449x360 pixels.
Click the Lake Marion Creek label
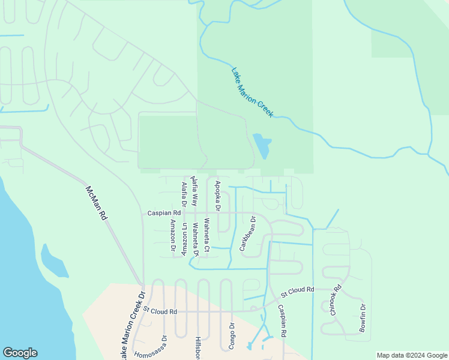point(252,92)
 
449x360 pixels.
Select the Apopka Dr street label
point(218,197)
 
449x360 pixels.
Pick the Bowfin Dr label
point(363,319)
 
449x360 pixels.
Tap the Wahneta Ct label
point(206,235)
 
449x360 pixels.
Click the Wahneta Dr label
point(196,241)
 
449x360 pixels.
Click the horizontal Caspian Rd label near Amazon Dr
point(164,213)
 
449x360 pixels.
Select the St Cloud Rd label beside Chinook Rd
point(297,290)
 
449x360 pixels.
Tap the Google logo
point(20,353)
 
